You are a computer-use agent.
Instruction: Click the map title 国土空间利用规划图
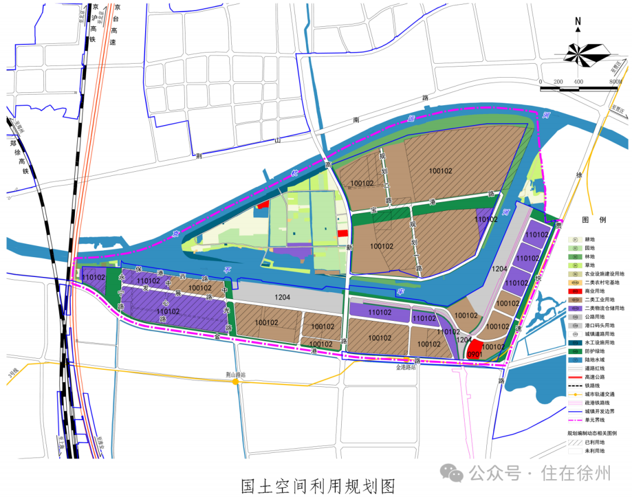point(318,486)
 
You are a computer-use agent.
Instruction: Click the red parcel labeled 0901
point(475,350)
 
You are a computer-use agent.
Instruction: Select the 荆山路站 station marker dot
point(235,382)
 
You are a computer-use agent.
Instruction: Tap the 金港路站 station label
point(406,368)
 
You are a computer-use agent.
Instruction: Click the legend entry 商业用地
point(594,291)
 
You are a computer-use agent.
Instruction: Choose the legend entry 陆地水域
point(594,361)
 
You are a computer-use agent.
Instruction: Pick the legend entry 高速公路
point(594,377)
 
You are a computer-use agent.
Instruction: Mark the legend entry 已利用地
point(594,442)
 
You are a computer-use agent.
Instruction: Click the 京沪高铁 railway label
point(92,23)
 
